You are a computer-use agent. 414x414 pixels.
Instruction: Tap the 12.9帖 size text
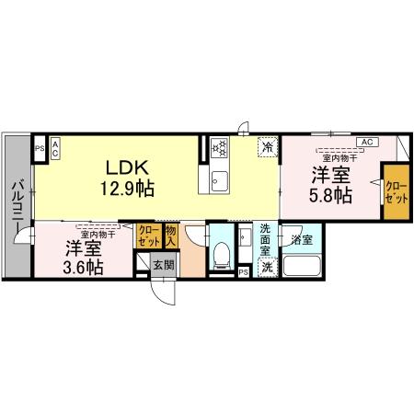pos(127,189)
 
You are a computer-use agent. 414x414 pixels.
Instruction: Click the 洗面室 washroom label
pos(265,238)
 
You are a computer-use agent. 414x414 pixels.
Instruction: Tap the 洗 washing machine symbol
pos(266,266)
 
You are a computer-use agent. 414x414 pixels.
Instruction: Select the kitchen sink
pos(221,178)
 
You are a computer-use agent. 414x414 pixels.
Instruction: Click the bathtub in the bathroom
pos(302,267)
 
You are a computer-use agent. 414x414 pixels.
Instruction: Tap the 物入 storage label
pos(172,236)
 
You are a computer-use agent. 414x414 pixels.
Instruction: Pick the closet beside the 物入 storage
pos(147,236)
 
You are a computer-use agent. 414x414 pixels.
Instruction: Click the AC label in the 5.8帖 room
pos(366,142)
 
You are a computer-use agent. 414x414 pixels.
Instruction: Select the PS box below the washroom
pos(243,272)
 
